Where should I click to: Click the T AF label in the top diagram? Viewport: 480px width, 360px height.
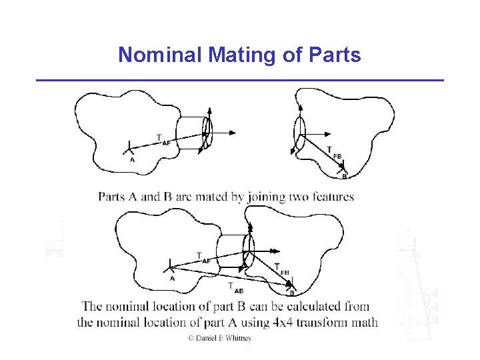[x=163, y=139]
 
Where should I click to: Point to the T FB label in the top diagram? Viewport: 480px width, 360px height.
[x=333, y=153]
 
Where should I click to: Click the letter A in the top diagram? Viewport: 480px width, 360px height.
[x=132, y=160]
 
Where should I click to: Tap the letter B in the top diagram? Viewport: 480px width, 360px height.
[x=344, y=177]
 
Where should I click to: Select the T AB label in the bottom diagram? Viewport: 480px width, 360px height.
[x=235, y=287]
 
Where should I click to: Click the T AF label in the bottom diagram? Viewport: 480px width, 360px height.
[x=203, y=258]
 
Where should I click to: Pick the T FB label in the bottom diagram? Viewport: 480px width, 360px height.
[x=281, y=269]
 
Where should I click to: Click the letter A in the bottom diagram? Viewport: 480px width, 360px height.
[x=172, y=279]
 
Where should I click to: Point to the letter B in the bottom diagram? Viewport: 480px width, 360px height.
[x=291, y=293]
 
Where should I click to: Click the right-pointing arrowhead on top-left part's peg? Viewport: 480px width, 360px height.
[x=232, y=133]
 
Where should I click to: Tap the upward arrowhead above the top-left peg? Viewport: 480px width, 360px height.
[x=209, y=111]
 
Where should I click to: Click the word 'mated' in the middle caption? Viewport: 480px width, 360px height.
[x=225, y=197]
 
